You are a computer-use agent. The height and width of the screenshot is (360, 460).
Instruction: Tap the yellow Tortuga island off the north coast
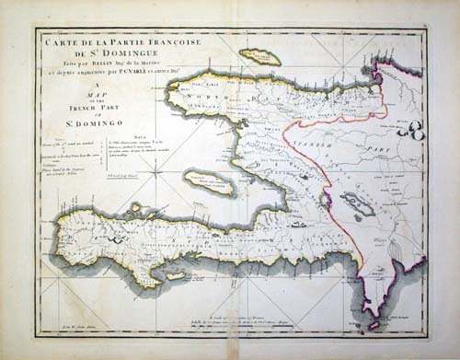(260, 57)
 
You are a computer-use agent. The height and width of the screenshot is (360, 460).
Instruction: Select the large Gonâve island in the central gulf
(209, 181)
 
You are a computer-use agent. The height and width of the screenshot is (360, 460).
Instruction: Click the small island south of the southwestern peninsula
(170, 274)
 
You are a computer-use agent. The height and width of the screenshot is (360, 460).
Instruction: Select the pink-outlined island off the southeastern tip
(372, 324)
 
